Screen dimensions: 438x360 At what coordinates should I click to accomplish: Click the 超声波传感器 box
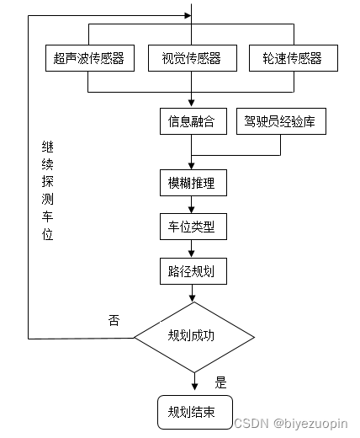[x=88, y=58]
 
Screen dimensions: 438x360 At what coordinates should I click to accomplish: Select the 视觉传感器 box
[x=192, y=58]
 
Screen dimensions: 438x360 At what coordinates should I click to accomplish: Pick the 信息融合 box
[x=193, y=121]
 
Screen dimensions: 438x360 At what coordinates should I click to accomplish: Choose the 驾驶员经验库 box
[x=280, y=121]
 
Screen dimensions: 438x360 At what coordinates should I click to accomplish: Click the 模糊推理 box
[x=193, y=181]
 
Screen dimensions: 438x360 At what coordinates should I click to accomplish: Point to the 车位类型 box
[x=193, y=226]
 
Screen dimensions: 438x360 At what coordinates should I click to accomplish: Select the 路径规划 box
[x=193, y=270]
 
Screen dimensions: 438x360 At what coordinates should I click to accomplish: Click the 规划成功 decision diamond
[x=193, y=336]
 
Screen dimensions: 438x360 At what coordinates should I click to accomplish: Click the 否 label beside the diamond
[x=114, y=320]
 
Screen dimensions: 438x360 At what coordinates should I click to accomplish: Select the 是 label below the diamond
[x=221, y=382]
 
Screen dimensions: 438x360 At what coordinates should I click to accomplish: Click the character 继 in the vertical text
[x=48, y=146]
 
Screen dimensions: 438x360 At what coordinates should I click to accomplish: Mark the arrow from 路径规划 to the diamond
[x=193, y=293]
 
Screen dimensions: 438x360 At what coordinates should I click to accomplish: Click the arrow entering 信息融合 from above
[x=193, y=99]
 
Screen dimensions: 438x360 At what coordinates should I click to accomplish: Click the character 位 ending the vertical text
[x=48, y=235]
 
